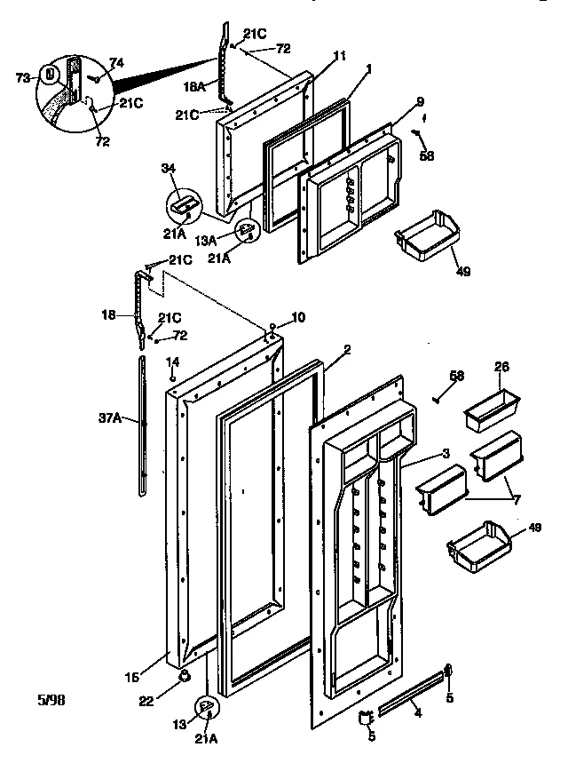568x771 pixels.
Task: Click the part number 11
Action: coord(314,55)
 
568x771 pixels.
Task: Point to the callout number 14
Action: coord(174,362)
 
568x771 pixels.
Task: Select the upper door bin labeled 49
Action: coord(430,235)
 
